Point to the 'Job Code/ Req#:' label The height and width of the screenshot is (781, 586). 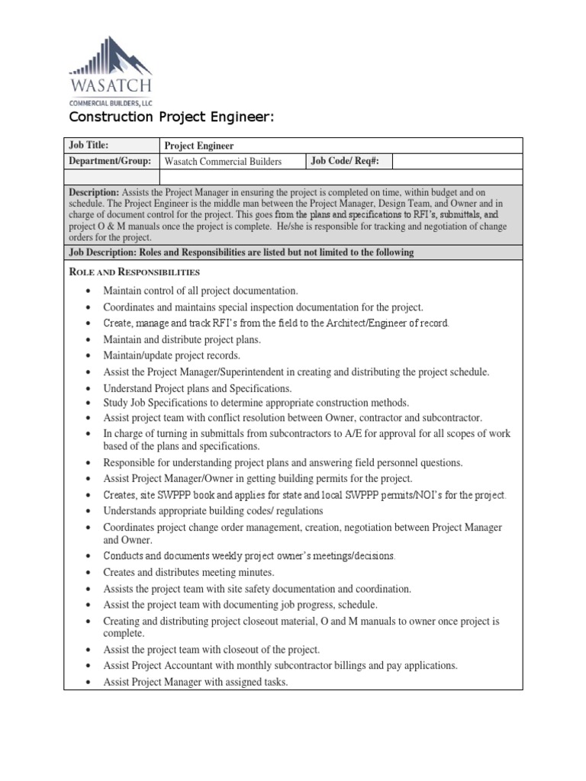[x=340, y=161]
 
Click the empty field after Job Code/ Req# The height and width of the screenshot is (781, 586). [x=456, y=161]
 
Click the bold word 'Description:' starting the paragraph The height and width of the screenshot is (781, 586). [x=94, y=193]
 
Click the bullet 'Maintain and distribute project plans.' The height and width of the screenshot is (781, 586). [x=182, y=339]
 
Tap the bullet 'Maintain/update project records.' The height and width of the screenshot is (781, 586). [x=172, y=355]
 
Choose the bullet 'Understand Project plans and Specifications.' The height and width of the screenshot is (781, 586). [x=197, y=388]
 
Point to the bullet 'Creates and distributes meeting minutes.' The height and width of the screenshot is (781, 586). [x=188, y=571]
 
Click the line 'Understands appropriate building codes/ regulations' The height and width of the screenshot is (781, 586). [x=213, y=510]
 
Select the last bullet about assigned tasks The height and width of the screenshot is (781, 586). [x=195, y=682]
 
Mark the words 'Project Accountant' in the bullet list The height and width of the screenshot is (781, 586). [x=173, y=665]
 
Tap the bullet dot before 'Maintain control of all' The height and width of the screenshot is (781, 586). [x=90, y=291]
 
